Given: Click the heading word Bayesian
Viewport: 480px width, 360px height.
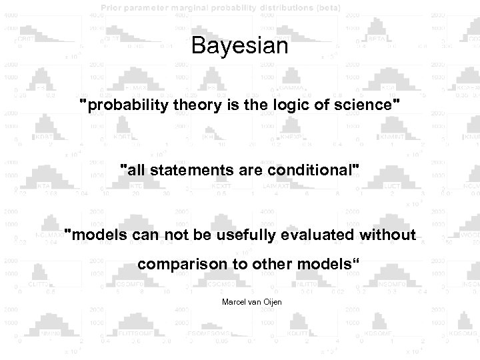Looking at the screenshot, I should pos(239,47).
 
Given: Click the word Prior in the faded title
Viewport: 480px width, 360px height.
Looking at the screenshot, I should pos(115,7).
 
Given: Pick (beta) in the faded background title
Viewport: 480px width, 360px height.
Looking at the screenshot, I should pos(326,7).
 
